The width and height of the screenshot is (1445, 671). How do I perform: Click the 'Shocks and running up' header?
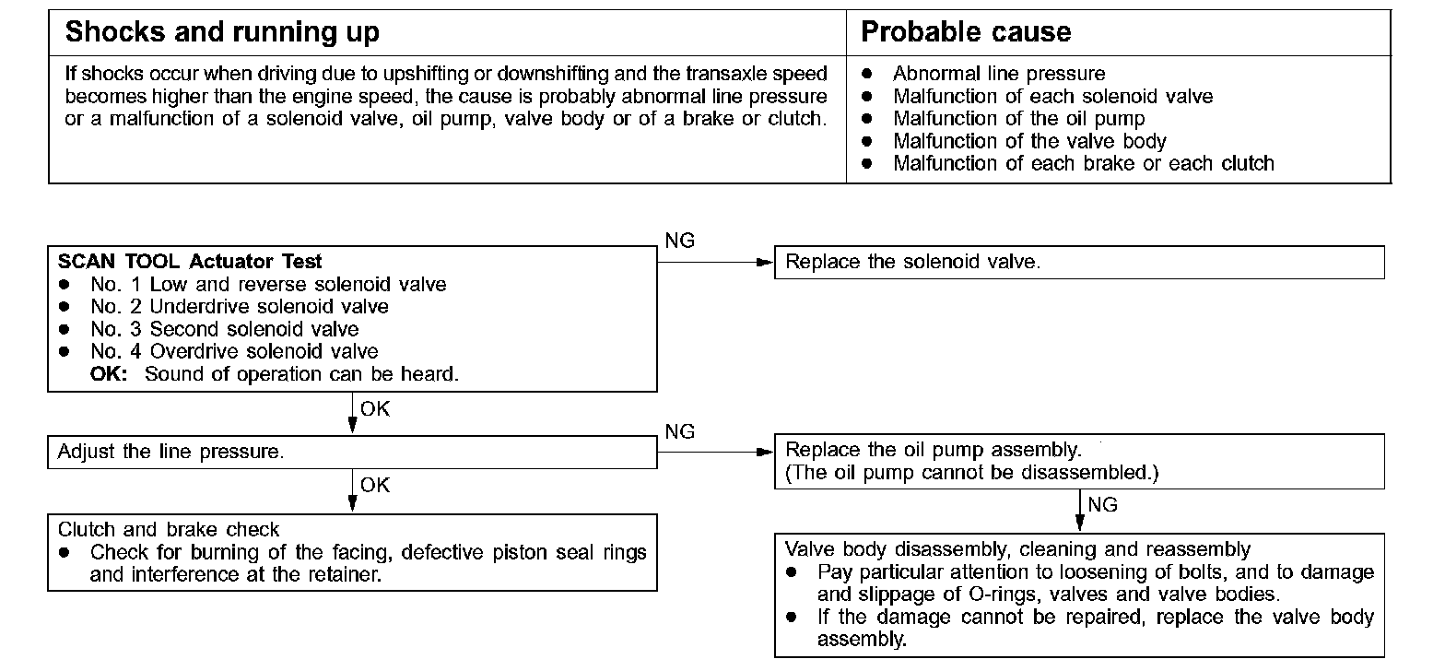click(x=222, y=33)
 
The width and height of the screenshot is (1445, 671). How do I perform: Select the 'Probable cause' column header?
click(x=966, y=33)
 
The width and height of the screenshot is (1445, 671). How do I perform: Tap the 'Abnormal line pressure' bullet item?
click(x=999, y=74)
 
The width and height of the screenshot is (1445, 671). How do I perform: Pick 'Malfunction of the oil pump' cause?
click(x=1018, y=119)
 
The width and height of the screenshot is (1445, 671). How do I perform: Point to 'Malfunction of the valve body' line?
click(x=1029, y=142)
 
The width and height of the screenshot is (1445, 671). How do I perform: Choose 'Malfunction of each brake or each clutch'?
click(x=1083, y=164)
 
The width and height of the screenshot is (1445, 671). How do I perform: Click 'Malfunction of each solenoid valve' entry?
click(x=1052, y=97)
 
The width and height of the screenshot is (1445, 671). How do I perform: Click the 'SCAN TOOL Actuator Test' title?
click(x=190, y=262)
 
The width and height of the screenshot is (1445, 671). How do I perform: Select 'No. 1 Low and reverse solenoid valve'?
click(x=268, y=285)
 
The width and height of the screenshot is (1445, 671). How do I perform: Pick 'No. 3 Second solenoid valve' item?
click(x=225, y=329)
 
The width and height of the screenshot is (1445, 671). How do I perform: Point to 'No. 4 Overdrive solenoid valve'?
click(x=234, y=351)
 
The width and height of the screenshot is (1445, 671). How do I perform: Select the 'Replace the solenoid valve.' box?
click(x=1078, y=262)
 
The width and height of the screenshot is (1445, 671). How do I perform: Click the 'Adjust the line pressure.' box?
click(x=352, y=452)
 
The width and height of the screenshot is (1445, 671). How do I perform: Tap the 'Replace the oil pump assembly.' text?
click(x=932, y=451)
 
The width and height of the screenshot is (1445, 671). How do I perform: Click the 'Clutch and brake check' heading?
click(x=169, y=529)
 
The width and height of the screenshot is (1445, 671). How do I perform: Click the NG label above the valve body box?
click(x=1102, y=504)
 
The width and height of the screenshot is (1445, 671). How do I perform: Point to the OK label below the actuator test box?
click(x=375, y=408)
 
